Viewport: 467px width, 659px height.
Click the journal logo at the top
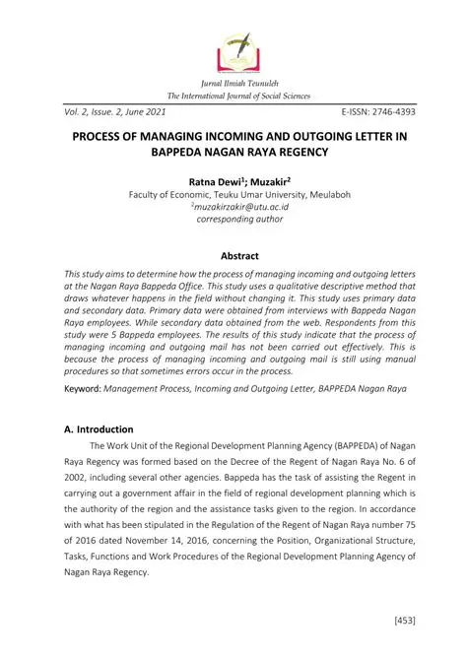point(233,45)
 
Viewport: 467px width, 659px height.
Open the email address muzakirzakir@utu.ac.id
point(233,208)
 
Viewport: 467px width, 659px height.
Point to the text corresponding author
point(233,221)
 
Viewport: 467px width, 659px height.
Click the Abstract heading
point(233,254)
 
